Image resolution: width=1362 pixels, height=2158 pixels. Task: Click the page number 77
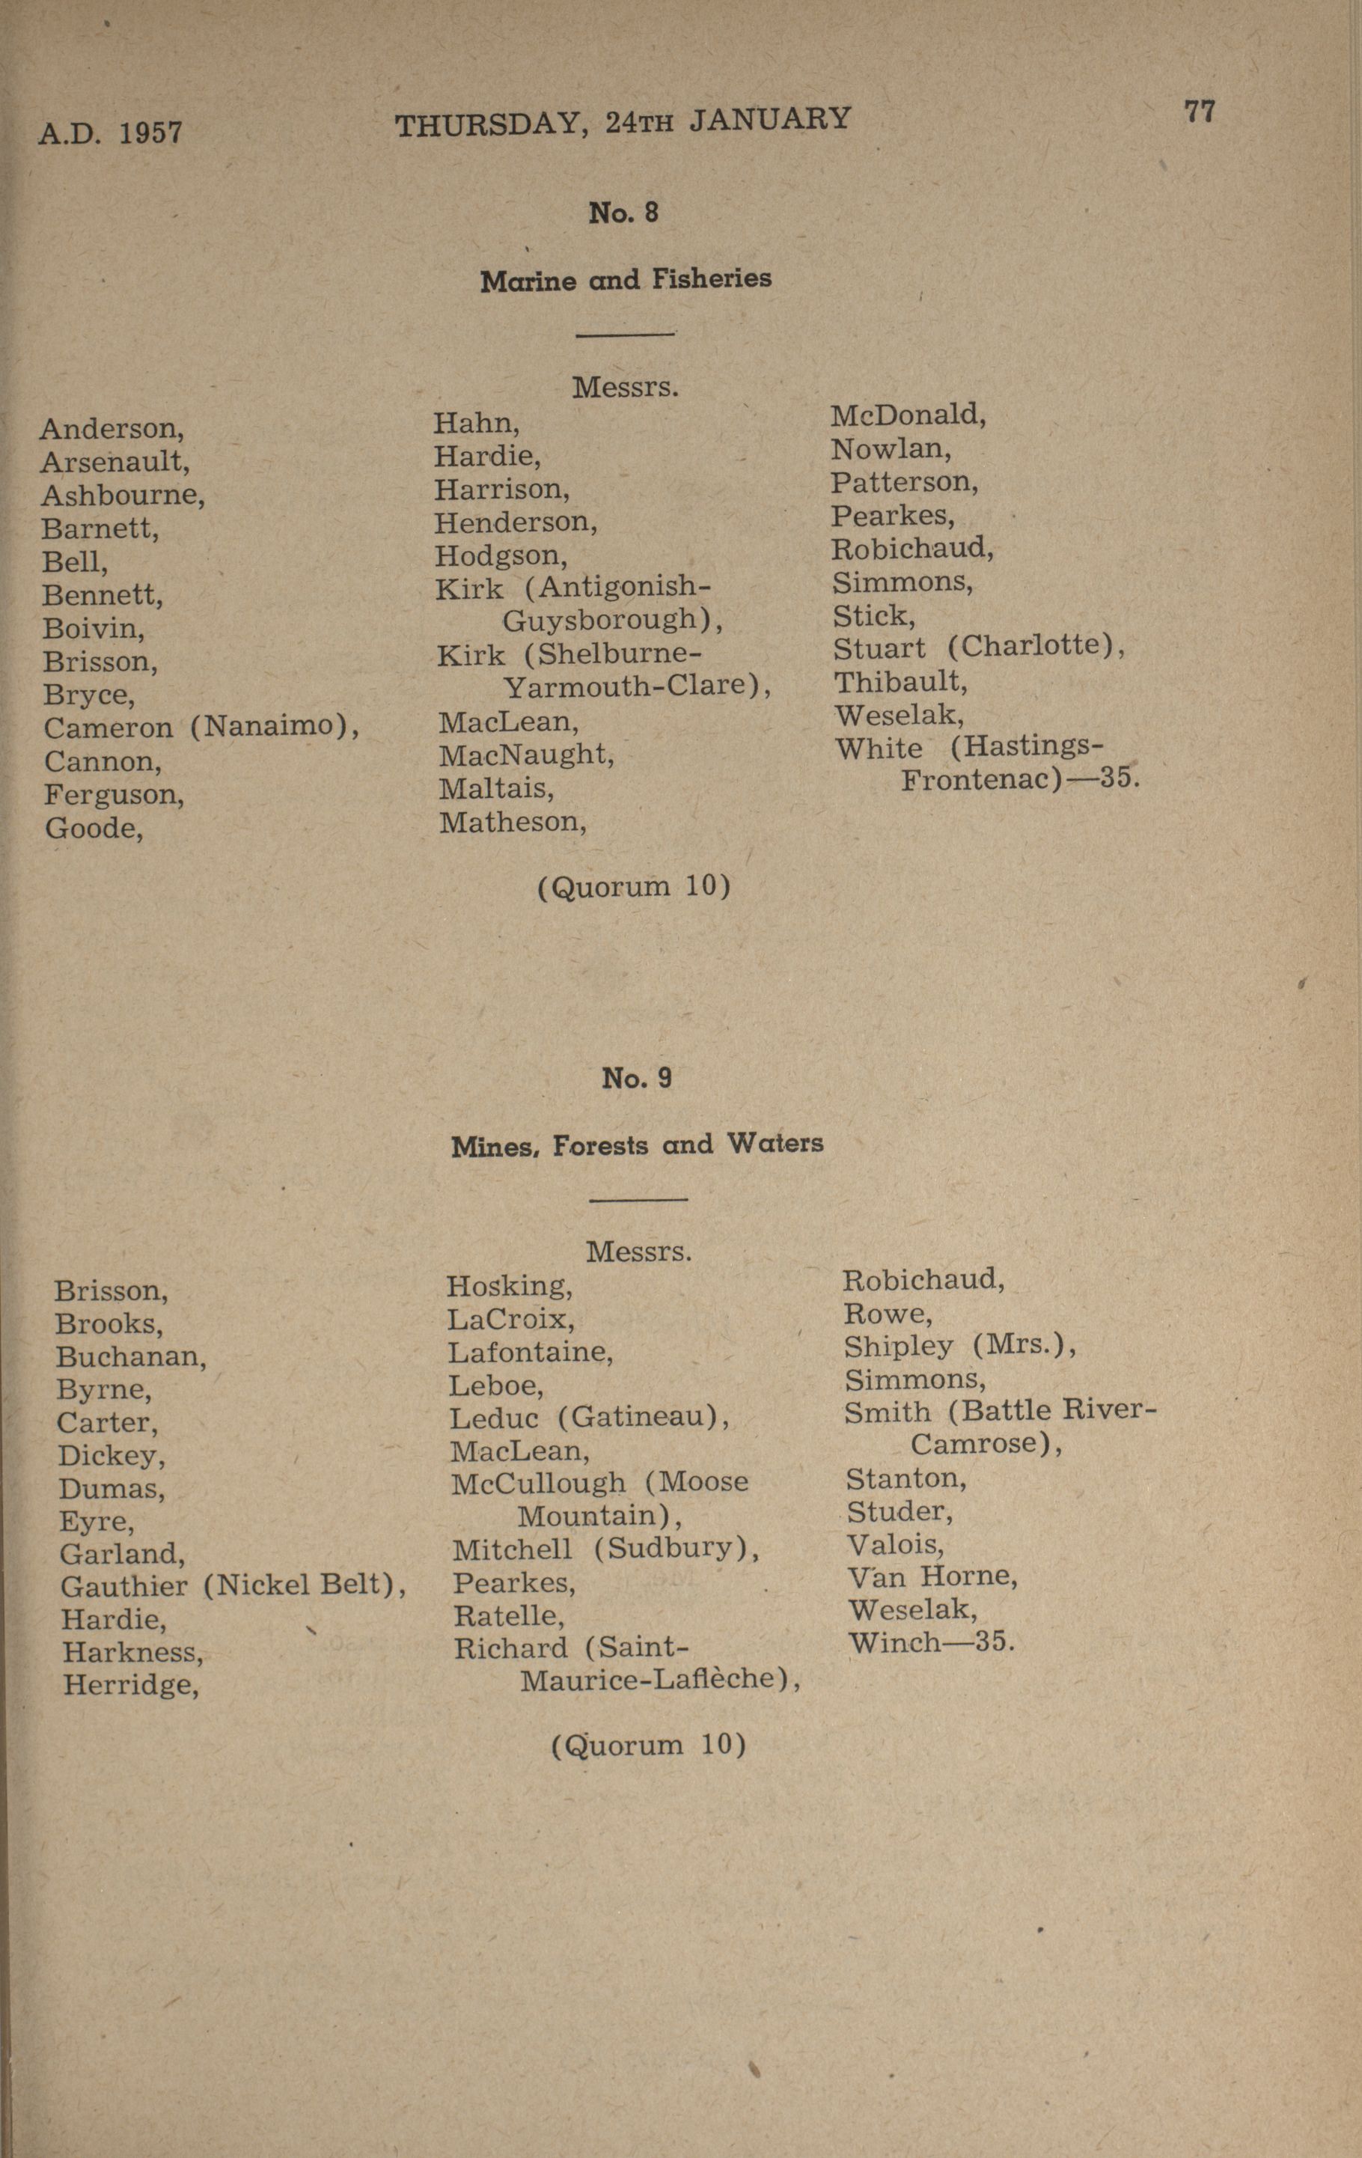point(1199,112)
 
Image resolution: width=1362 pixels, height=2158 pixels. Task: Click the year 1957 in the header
point(150,132)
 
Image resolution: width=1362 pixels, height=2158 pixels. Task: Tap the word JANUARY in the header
point(770,119)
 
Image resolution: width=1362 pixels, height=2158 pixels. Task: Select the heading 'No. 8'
point(623,213)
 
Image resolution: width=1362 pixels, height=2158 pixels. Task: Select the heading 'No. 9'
point(637,1078)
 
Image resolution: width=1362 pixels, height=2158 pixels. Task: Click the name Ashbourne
point(122,496)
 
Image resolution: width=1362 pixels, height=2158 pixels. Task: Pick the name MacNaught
point(526,755)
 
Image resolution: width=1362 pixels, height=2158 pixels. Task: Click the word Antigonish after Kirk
point(625,587)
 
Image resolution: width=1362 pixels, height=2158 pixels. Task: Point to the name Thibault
point(900,683)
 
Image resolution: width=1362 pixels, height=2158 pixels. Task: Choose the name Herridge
point(130,1686)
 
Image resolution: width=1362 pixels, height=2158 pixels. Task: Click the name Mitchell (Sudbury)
point(605,1549)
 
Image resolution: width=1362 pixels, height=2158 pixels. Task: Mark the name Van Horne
point(932,1576)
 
